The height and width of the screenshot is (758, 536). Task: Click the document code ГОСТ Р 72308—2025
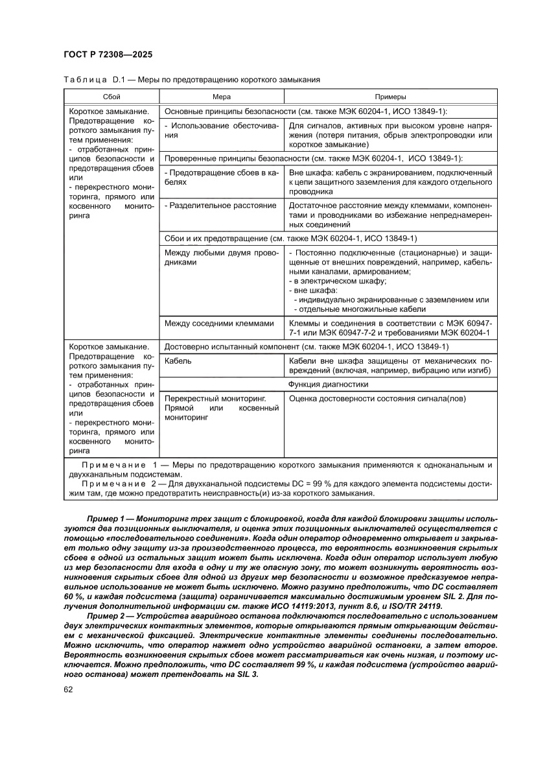point(108,55)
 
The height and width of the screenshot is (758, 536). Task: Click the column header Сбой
point(111,96)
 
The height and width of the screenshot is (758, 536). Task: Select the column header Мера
point(222,96)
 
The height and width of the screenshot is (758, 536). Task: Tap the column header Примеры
point(390,96)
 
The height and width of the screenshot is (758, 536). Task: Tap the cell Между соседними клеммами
point(220,323)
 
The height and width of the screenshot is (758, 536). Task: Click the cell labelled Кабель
point(178,361)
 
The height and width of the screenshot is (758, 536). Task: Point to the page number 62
point(68,707)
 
